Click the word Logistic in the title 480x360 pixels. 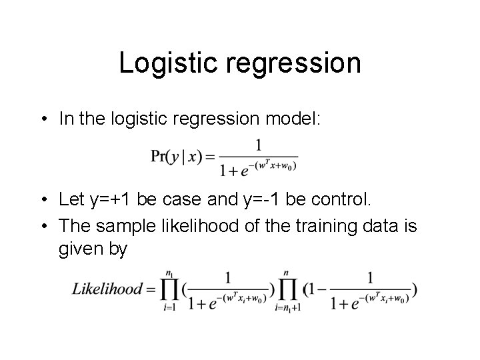click(x=161, y=63)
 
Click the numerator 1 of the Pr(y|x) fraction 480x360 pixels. click(x=258, y=143)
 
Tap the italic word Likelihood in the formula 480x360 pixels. click(x=107, y=289)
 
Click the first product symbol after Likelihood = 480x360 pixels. click(x=169, y=289)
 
